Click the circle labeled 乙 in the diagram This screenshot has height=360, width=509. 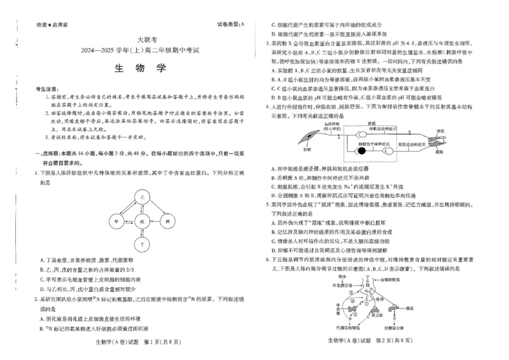143,198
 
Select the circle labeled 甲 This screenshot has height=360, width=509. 116,221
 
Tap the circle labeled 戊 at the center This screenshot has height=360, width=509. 143,221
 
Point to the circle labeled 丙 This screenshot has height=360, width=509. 168,221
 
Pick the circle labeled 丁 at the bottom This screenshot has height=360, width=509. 143,244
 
